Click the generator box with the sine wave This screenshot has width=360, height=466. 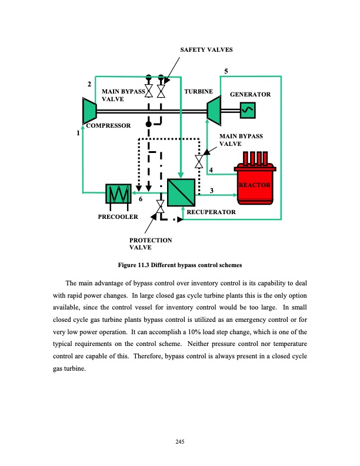click(246, 109)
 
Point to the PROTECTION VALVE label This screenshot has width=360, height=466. click(150, 244)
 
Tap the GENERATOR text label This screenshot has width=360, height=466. click(250, 94)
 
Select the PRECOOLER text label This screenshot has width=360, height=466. click(118, 217)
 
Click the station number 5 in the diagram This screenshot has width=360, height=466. click(225, 72)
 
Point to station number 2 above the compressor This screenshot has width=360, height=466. click(89, 85)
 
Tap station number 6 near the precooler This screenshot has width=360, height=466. click(141, 199)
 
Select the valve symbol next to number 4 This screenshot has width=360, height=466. click(199, 161)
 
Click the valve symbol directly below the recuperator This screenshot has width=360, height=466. click(160, 207)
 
